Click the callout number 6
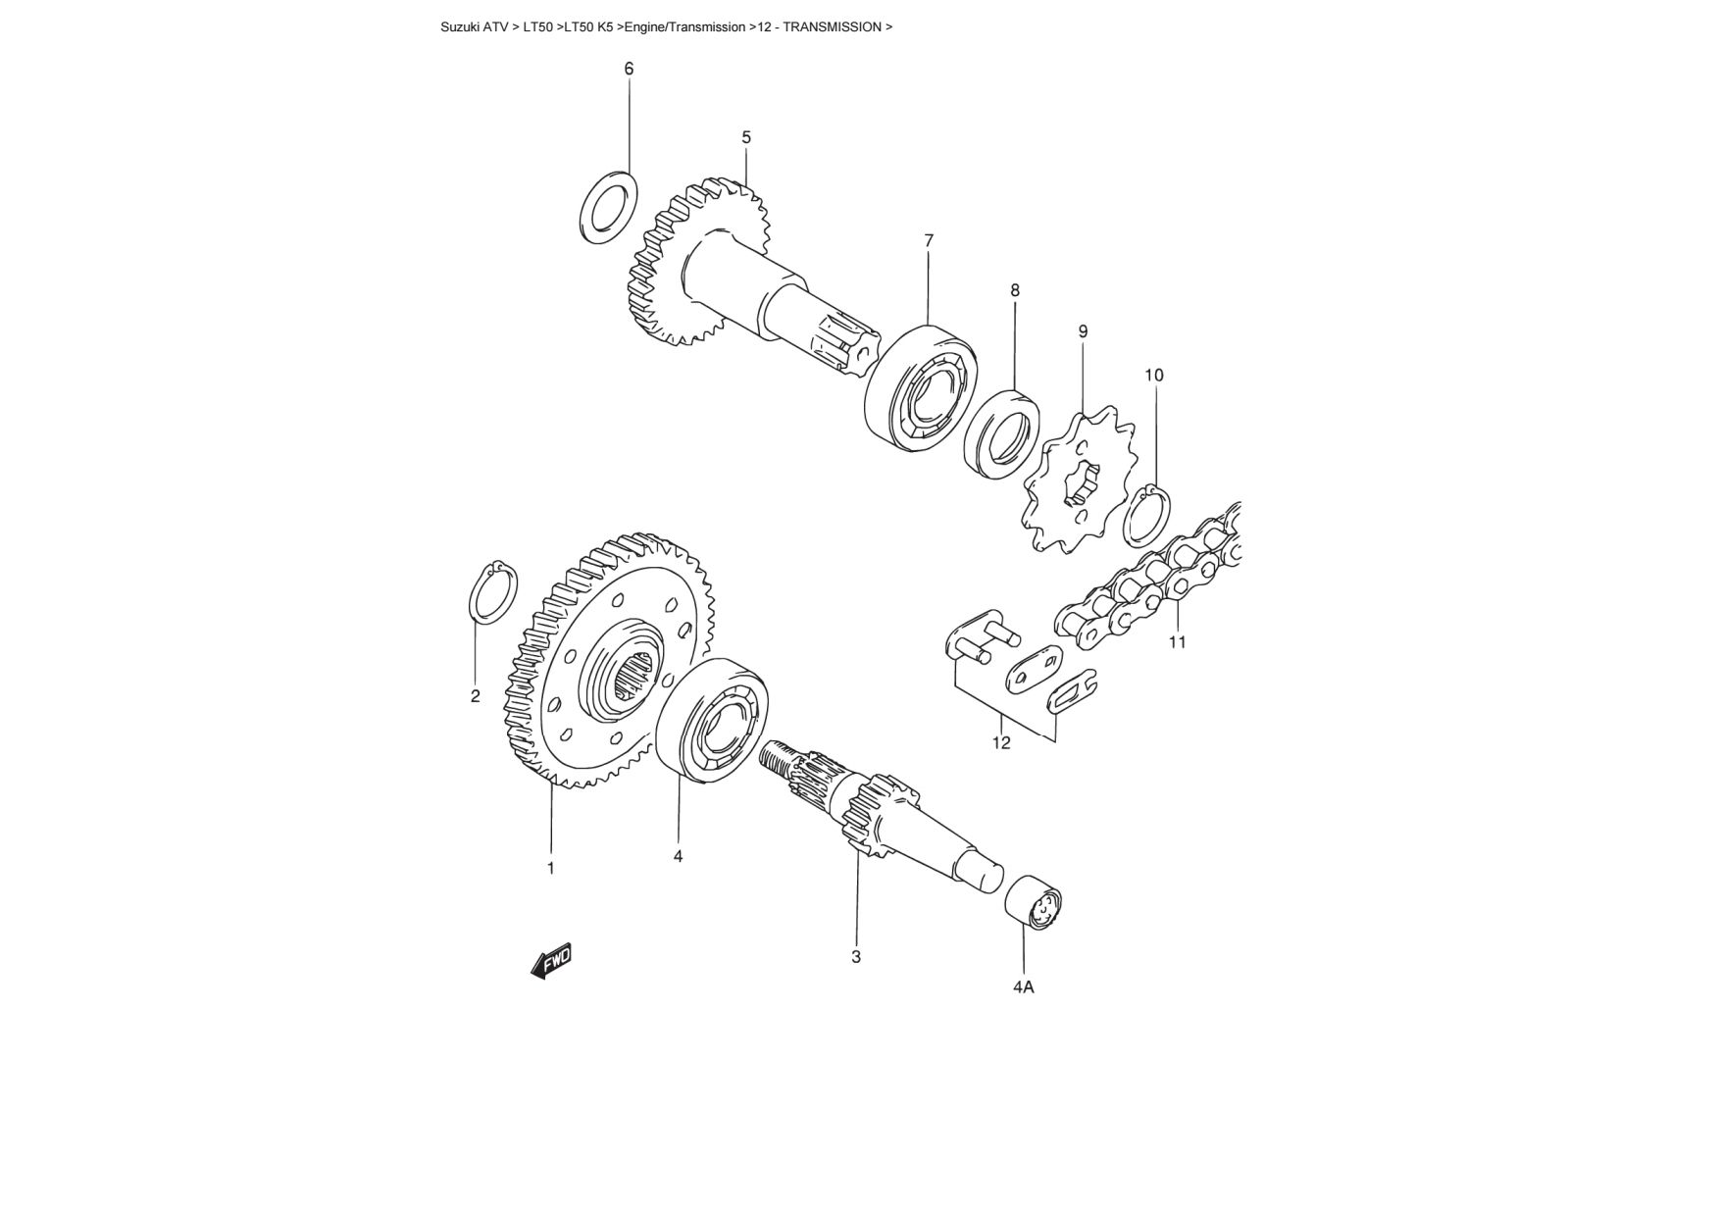pos(629,69)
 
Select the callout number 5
pos(746,137)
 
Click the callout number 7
pos(929,240)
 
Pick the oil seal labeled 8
pos(1002,433)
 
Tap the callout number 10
pos(1154,376)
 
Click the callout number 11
pos(1177,642)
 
